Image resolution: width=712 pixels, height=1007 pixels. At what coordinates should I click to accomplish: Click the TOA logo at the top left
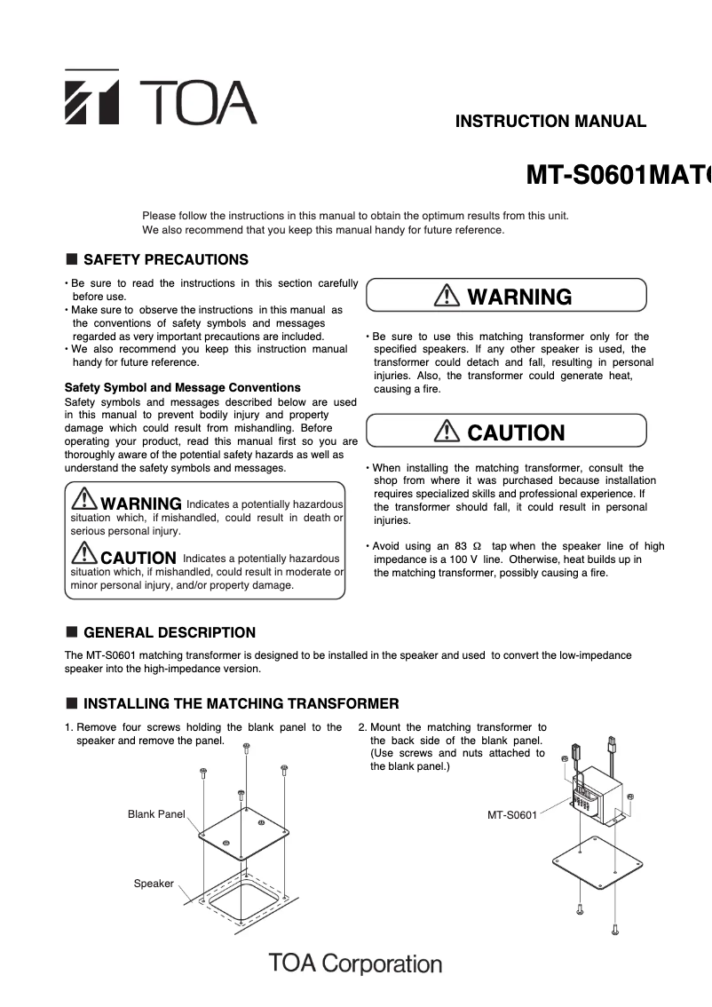point(160,98)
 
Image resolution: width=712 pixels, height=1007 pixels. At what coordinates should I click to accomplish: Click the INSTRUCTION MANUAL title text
point(550,122)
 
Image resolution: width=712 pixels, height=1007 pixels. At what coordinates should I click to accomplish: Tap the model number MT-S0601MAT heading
point(619,176)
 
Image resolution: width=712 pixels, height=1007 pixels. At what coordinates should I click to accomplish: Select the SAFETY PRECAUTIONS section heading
point(165,260)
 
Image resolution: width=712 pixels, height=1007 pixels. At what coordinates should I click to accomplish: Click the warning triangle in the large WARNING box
point(447,297)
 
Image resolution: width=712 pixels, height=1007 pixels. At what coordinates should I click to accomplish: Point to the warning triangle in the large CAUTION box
point(447,432)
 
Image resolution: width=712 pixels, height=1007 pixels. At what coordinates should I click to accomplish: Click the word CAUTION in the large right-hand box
point(516,433)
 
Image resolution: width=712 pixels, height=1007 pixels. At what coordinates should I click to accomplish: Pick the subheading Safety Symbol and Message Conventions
point(183,388)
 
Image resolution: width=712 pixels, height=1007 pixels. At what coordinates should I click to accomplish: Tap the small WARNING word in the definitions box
point(141,504)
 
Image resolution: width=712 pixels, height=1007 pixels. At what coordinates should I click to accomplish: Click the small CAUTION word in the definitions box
point(138,559)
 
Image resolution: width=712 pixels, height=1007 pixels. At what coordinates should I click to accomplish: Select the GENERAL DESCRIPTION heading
point(169,633)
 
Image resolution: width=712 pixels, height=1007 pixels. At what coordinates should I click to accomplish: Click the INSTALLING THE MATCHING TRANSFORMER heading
point(241,704)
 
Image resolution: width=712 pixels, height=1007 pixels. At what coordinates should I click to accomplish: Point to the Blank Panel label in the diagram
point(156,814)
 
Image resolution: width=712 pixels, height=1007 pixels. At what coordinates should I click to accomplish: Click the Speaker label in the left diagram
point(154,884)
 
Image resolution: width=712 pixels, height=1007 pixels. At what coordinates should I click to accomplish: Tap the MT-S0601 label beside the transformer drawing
point(512,814)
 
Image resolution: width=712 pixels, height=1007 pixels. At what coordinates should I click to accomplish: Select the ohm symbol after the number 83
point(477,546)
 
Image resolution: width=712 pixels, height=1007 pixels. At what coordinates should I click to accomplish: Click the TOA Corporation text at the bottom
point(355,963)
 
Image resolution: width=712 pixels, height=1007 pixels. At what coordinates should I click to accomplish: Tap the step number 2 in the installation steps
point(362,727)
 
